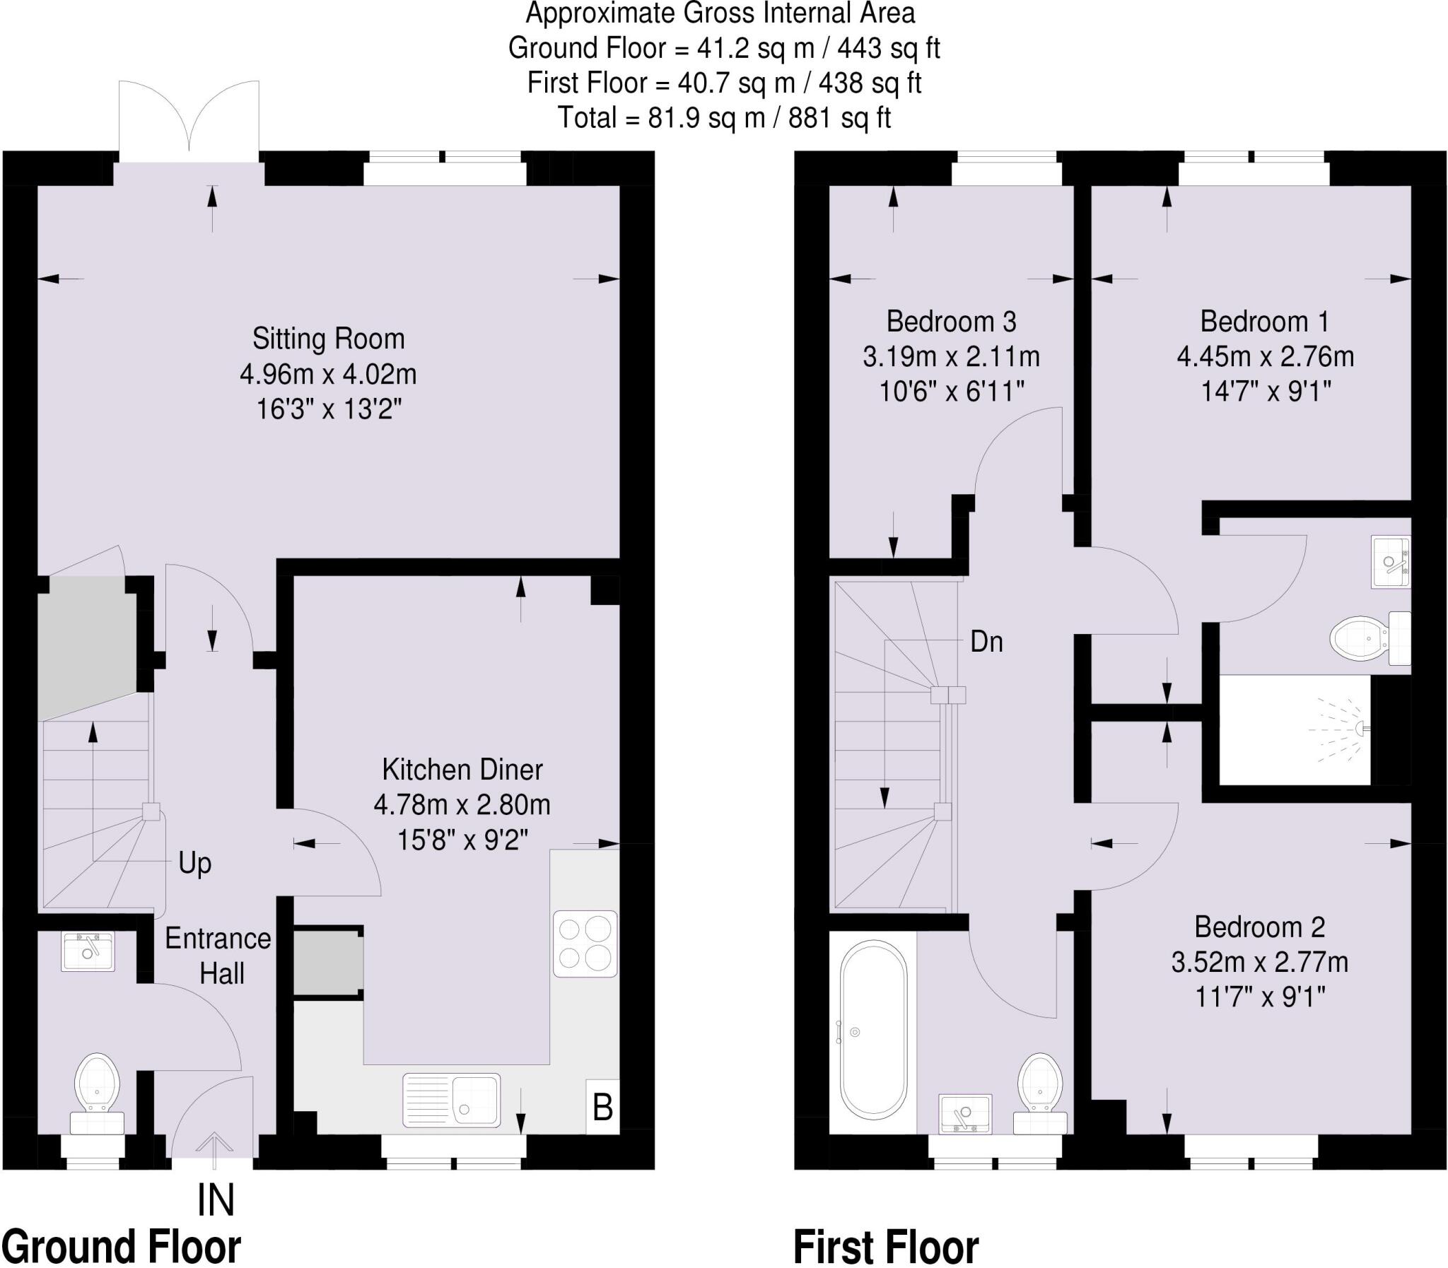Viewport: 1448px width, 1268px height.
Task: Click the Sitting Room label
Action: pos(328,339)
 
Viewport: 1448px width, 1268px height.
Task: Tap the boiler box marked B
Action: pos(602,1108)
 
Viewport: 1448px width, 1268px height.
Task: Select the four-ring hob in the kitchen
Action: pos(585,944)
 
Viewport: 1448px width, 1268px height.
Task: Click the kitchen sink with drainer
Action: pos(452,1100)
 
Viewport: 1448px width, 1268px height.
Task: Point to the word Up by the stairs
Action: pos(194,863)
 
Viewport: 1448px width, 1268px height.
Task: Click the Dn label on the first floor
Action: pos(986,642)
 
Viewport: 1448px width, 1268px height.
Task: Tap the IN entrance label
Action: pos(215,1200)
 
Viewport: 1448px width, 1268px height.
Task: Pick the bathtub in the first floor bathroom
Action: pos(873,1030)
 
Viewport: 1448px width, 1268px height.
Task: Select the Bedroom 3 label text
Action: pos(950,322)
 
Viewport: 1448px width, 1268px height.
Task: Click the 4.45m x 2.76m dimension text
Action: pos(1265,357)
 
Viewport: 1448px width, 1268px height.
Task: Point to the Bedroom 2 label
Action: pos(1259,927)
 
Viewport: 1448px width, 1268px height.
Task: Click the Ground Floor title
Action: pos(122,1246)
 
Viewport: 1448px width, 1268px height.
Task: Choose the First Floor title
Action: pos(886,1246)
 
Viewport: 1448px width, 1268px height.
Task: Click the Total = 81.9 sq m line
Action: pos(723,117)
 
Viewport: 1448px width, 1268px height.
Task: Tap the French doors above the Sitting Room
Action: pos(189,120)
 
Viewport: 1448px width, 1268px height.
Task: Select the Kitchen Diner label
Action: pos(462,770)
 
